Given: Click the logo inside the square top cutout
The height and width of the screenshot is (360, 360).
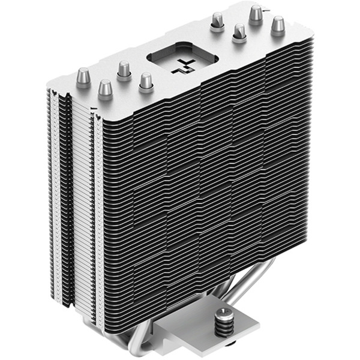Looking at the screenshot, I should pyautogui.click(x=182, y=67).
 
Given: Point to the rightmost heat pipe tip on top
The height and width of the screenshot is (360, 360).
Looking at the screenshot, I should pyautogui.click(x=278, y=26).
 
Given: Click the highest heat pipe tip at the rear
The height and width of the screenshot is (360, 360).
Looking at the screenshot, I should pyautogui.click(x=256, y=13).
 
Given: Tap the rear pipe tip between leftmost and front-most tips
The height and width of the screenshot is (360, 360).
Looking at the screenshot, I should pyautogui.click(x=124, y=70).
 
